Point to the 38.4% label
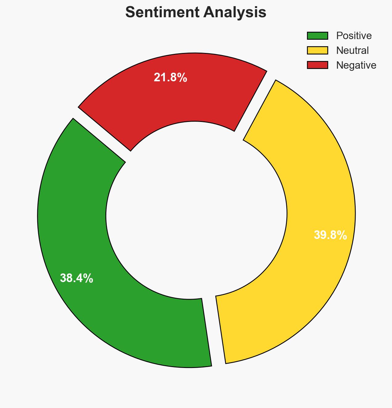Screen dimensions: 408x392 (x=76, y=278)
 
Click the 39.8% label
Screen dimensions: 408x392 (x=330, y=235)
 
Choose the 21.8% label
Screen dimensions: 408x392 (x=170, y=78)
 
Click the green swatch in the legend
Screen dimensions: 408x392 (x=317, y=36)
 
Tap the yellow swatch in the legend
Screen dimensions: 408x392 (x=317, y=50)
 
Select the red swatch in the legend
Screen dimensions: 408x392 (x=317, y=65)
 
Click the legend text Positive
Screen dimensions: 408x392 (x=354, y=36)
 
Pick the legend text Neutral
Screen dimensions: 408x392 (x=352, y=50)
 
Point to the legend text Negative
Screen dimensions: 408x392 (x=356, y=65)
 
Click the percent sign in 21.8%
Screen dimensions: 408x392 (x=182, y=78)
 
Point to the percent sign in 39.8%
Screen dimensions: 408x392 (x=342, y=235)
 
